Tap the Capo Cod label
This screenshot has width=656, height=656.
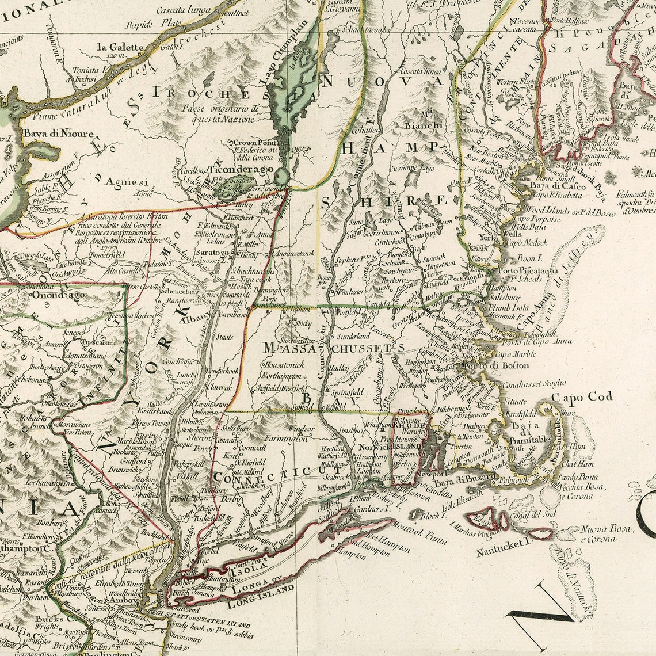coord(582,396)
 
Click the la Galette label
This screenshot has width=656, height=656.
coord(120,47)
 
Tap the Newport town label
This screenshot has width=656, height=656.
coord(432,474)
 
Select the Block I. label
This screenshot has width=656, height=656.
coord(432,516)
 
